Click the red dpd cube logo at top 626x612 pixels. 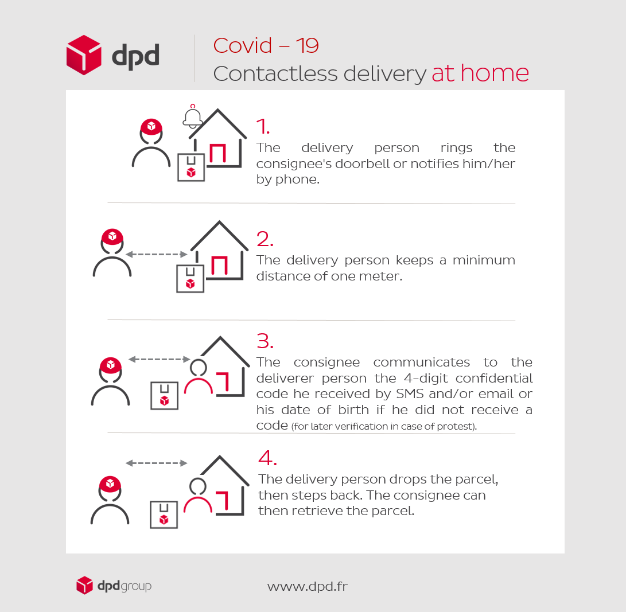[x=84, y=55]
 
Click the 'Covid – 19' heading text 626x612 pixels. [x=266, y=45]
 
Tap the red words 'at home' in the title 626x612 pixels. [x=480, y=73]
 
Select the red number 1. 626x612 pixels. [x=263, y=126]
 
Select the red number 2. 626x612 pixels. [x=265, y=239]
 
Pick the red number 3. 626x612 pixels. [x=265, y=341]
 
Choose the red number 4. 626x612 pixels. [x=267, y=458]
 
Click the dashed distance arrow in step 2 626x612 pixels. [x=157, y=254]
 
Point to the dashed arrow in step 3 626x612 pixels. [x=160, y=359]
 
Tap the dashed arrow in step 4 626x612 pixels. [x=157, y=463]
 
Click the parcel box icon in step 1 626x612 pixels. [x=191, y=167]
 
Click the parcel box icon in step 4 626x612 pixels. [x=164, y=514]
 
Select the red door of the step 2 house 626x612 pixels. [x=219, y=266]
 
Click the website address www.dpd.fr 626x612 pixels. [x=308, y=586]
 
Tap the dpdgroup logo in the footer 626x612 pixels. [x=114, y=585]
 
